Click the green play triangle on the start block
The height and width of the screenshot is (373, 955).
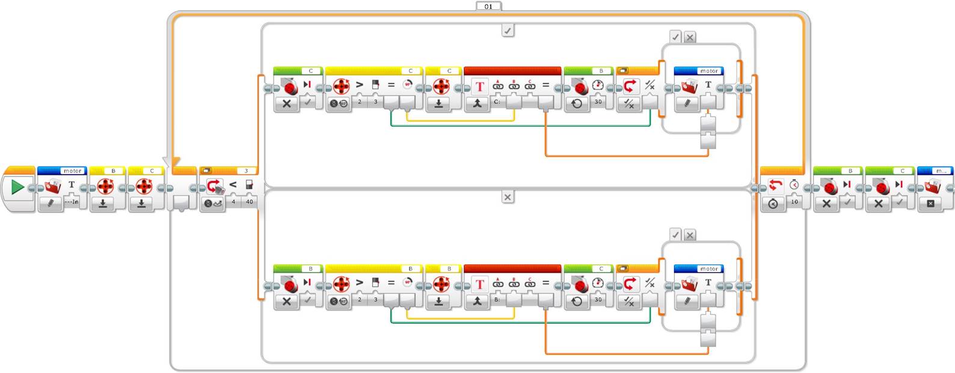(17, 187)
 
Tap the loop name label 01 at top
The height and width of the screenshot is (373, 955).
(488, 7)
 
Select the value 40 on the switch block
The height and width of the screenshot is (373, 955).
(249, 202)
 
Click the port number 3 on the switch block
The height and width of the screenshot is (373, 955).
(246, 171)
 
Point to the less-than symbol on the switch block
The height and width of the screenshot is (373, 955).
(233, 185)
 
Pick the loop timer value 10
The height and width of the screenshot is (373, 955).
(794, 202)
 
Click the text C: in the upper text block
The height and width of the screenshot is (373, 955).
(497, 102)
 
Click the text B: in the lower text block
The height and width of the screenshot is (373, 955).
(497, 299)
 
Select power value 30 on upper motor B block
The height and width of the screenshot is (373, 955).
(598, 102)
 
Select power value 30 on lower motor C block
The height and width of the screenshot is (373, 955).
(598, 299)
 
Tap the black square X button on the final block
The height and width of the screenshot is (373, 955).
(931, 204)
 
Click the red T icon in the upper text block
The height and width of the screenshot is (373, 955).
(479, 86)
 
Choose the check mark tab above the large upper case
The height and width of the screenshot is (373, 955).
(508, 30)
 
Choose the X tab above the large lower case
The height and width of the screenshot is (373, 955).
(508, 197)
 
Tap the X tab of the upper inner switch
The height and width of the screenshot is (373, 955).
(690, 37)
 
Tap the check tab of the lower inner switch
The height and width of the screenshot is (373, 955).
(675, 235)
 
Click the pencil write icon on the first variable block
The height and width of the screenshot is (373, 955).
(51, 204)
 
